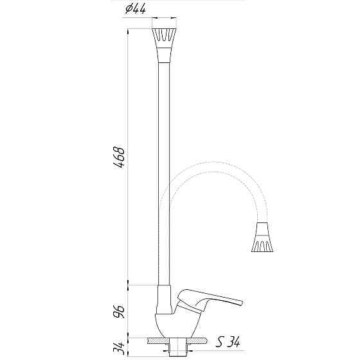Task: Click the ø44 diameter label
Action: point(136,8)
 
